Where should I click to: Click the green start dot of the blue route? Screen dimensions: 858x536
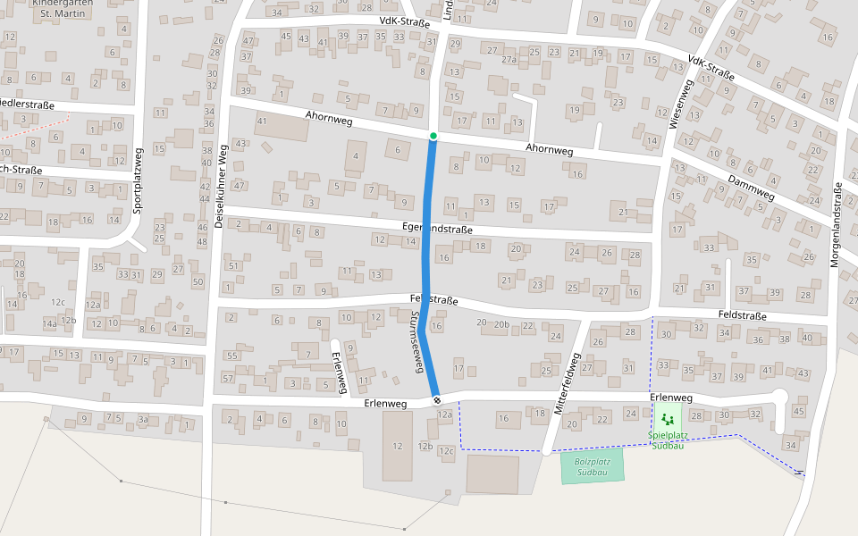click(x=433, y=136)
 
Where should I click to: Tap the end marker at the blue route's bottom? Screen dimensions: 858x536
click(x=437, y=399)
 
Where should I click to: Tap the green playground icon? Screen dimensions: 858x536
click(x=667, y=418)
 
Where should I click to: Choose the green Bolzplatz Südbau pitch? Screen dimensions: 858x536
click(x=592, y=466)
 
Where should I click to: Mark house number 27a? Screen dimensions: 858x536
click(x=509, y=60)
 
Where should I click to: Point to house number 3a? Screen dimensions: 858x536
click(x=143, y=418)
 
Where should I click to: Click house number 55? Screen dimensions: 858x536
click(x=232, y=356)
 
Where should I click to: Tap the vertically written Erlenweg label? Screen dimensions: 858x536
click(x=339, y=372)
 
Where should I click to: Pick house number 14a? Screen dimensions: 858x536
click(x=50, y=323)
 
